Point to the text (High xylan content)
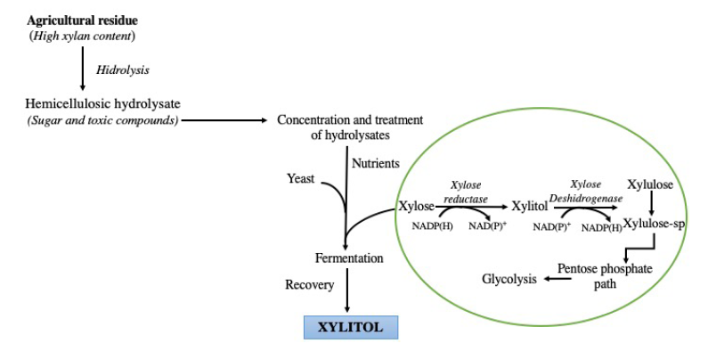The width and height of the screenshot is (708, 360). [82, 36]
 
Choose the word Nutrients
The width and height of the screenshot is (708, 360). [376, 164]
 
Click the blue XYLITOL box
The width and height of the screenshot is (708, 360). [350, 327]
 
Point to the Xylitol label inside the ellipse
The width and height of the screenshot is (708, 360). [529, 207]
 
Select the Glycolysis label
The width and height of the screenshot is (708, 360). [509, 279]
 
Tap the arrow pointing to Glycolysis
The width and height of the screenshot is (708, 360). [559, 279]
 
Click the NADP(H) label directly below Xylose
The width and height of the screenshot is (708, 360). [432, 226]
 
